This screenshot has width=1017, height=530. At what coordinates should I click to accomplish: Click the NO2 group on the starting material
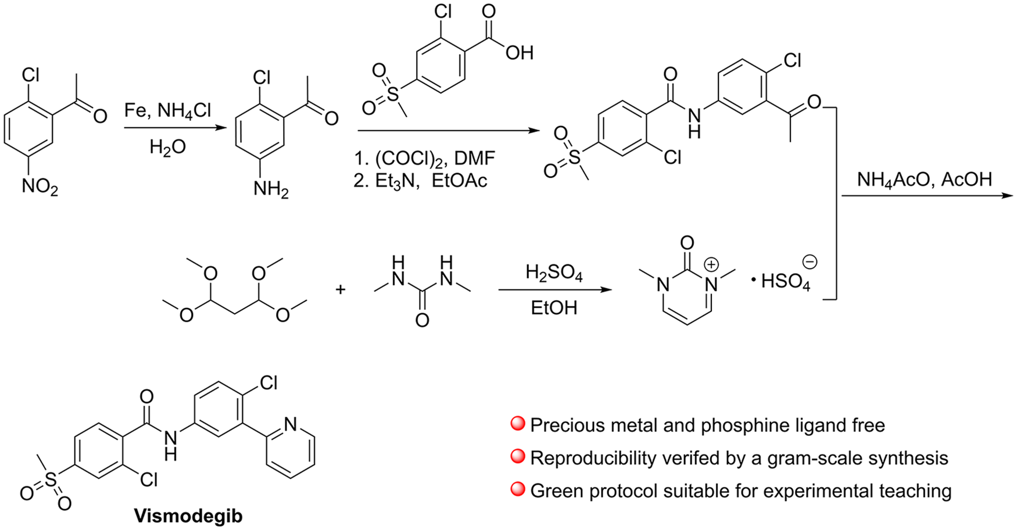[x=40, y=187]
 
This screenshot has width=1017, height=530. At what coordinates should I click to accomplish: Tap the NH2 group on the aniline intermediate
[x=271, y=189]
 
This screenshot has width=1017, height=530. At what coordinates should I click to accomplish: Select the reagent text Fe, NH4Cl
[x=168, y=110]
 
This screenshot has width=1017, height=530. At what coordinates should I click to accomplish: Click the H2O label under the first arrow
[x=167, y=147]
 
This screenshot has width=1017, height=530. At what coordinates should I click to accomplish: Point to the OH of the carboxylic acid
[x=519, y=53]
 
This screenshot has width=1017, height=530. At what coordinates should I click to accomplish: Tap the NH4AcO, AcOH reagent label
[x=925, y=180]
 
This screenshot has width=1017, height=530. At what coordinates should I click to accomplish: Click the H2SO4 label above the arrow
[x=554, y=273]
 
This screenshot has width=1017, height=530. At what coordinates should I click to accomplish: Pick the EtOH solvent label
[x=554, y=307]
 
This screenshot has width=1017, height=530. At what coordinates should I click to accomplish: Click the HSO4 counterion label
[x=785, y=282]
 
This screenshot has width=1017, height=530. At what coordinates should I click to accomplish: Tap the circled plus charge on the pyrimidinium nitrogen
[x=711, y=264]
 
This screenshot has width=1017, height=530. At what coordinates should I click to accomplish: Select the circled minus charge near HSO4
[x=810, y=262]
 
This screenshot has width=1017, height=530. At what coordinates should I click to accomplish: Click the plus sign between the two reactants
[x=341, y=289]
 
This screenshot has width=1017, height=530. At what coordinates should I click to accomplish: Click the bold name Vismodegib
[x=188, y=515]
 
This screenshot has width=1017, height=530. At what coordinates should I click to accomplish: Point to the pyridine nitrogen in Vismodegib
[x=291, y=424]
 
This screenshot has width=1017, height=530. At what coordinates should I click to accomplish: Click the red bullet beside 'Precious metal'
[x=517, y=423]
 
